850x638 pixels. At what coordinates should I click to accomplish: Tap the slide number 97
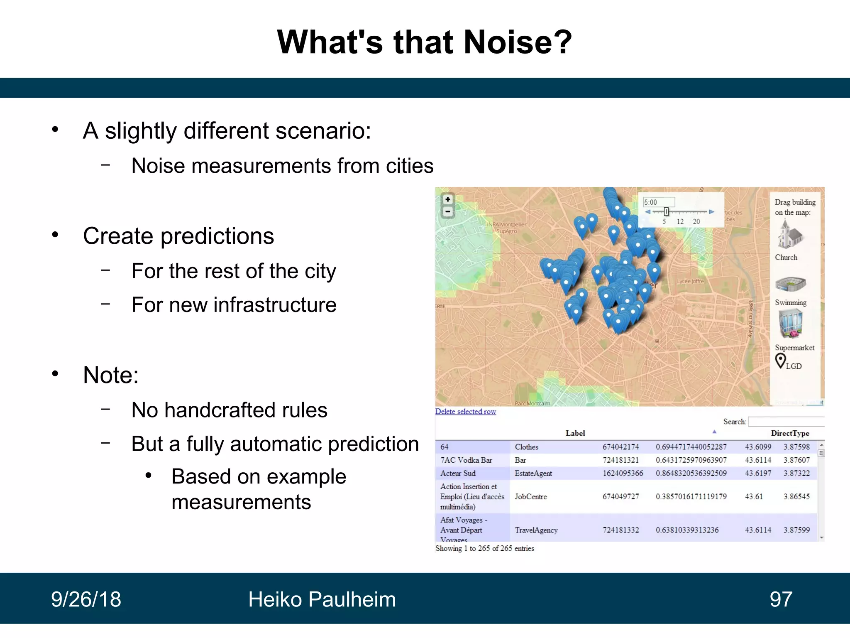coord(781,599)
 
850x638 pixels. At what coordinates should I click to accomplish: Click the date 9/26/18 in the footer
coord(86,599)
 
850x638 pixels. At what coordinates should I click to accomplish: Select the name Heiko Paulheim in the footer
coord(322,599)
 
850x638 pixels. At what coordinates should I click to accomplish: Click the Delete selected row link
coord(465,411)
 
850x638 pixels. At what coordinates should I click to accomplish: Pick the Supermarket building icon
coord(790,324)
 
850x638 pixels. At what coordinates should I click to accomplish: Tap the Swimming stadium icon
coord(790,284)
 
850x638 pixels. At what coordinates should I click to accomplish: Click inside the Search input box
coord(786,422)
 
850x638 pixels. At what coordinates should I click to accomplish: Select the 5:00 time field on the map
coord(659,202)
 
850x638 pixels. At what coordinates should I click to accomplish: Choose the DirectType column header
coord(790,433)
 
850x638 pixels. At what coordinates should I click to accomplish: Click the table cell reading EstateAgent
coord(533,473)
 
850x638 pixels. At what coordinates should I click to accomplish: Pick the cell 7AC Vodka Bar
coord(466,460)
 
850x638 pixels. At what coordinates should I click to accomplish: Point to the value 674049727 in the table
coord(620,496)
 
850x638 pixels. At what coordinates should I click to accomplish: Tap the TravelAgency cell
coord(536,530)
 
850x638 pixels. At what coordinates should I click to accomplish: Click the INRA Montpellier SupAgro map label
coord(506,228)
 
